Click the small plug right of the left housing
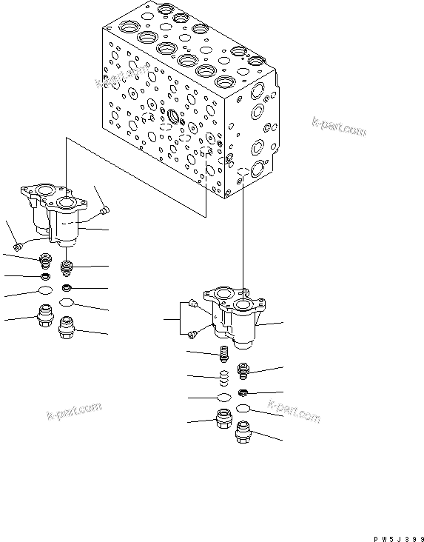pos(104,210)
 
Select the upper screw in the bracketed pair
pos(192,303)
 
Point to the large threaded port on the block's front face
pos(175,116)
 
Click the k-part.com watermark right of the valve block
pos(339,127)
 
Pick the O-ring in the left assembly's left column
pos(44,291)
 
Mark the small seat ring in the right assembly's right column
pos(243,392)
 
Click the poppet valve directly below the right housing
pos(224,356)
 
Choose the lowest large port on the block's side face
pos(257,168)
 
